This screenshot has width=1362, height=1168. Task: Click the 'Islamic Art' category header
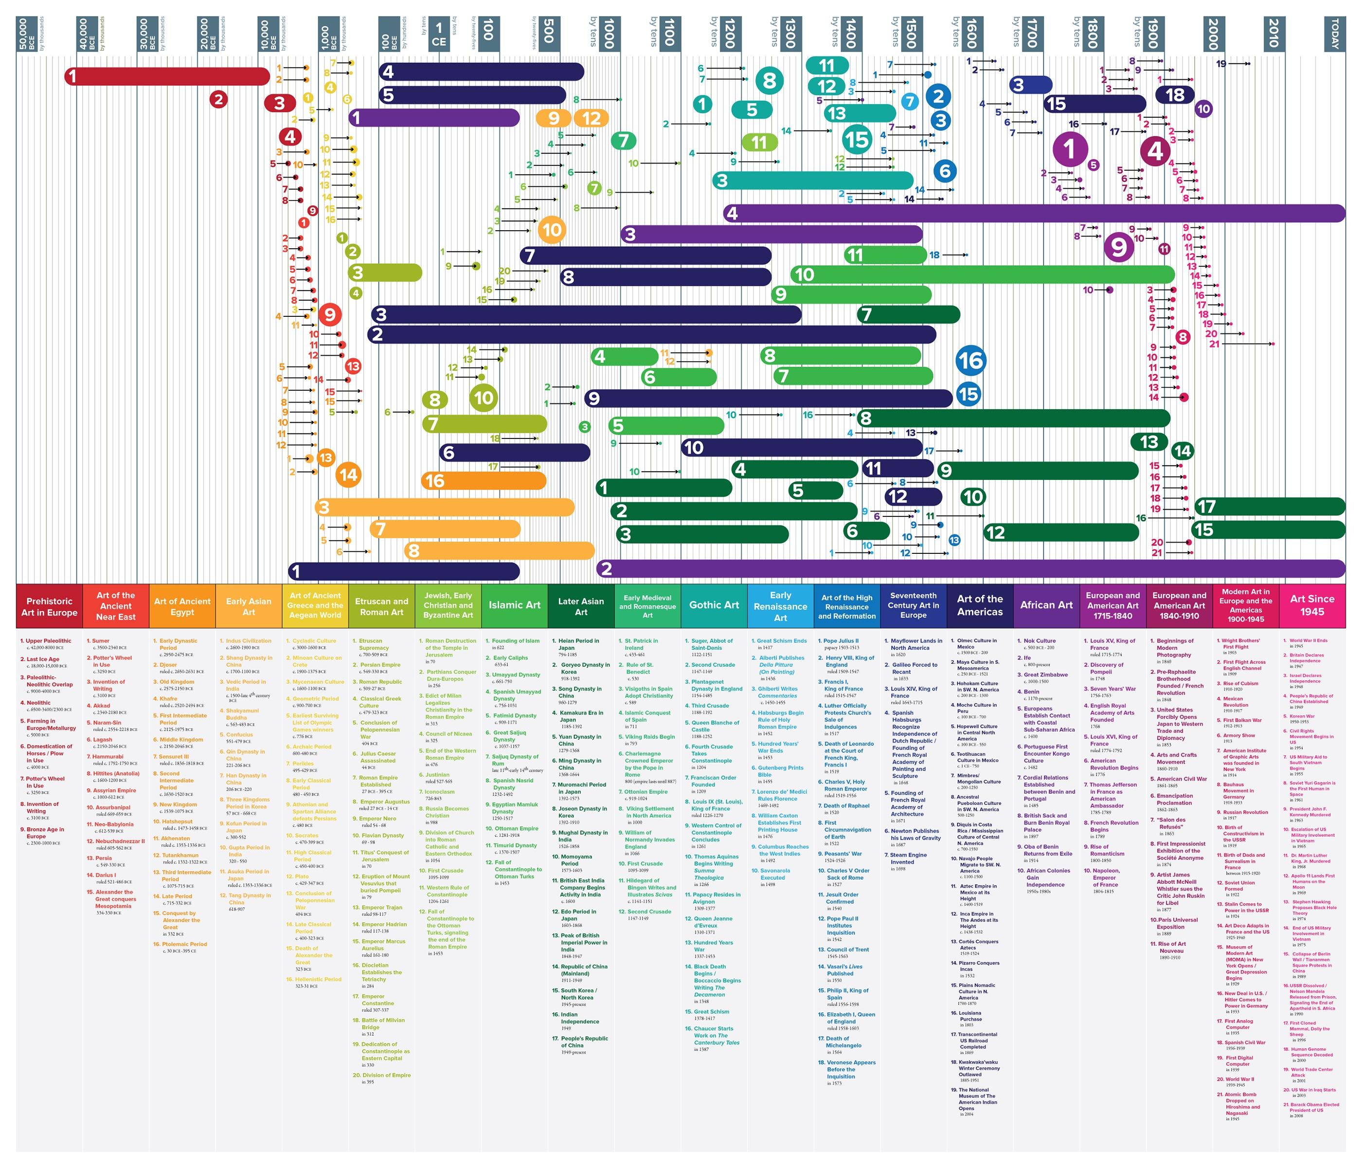coord(514,605)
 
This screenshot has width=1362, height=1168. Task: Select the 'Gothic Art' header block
coord(714,605)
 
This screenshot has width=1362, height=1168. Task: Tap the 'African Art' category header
coord(1046,605)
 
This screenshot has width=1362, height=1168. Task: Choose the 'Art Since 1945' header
coord(1311,605)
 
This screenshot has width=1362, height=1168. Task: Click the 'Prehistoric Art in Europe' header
coord(49,606)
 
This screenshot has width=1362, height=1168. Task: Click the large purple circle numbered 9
coord(1118,247)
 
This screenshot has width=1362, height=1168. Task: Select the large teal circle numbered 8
coord(769,81)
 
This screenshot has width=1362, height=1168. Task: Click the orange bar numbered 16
coord(483,481)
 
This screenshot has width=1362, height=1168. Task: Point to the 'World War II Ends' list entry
coord(1308,640)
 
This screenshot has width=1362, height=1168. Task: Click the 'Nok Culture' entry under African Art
coord(1040,640)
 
